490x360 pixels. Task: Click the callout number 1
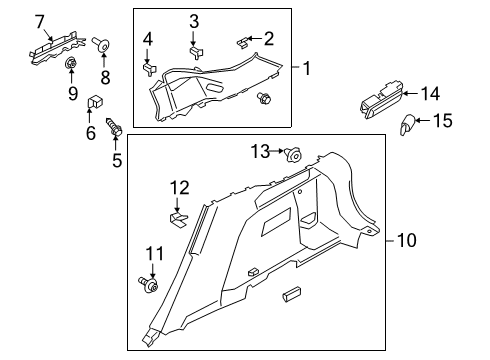point(308,69)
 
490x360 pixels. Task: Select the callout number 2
point(268,38)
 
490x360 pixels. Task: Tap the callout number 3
point(195,20)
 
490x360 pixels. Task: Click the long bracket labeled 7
point(52,46)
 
